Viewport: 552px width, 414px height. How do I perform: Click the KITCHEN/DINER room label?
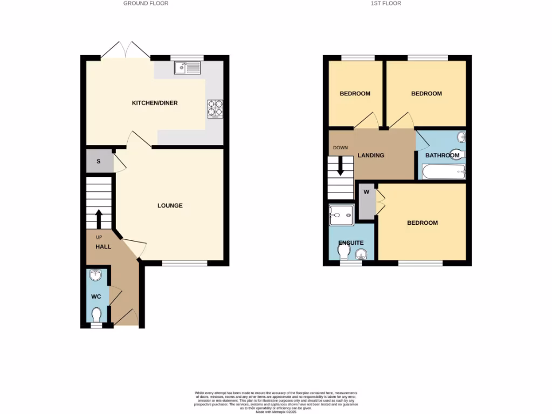(x=155, y=103)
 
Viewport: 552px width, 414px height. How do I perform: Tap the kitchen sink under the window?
(x=187, y=68)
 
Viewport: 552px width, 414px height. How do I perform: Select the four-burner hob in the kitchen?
(x=215, y=108)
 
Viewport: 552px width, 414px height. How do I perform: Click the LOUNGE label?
(x=170, y=205)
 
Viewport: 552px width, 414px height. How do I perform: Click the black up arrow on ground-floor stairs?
(x=99, y=219)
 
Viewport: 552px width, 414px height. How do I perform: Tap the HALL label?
(x=103, y=246)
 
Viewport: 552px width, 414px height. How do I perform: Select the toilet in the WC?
(x=97, y=314)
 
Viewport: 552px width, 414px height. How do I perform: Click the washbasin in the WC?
(x=95, y=275)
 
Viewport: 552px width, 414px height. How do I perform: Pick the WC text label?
(x=96, y=296)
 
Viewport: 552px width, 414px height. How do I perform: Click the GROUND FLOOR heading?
(x=146, y=3)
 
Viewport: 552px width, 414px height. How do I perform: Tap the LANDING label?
(x=371, y=155)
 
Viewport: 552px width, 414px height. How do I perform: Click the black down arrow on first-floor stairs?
(x=341, y=166)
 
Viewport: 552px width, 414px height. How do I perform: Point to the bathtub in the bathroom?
(x=443, y=172)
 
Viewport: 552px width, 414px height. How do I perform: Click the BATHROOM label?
(x=442, y=155)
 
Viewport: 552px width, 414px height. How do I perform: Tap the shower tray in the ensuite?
(x=341, y=215)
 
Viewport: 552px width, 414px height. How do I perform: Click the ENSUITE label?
(x=351, y=243)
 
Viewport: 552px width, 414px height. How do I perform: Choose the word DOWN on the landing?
(x=340, y=148)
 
